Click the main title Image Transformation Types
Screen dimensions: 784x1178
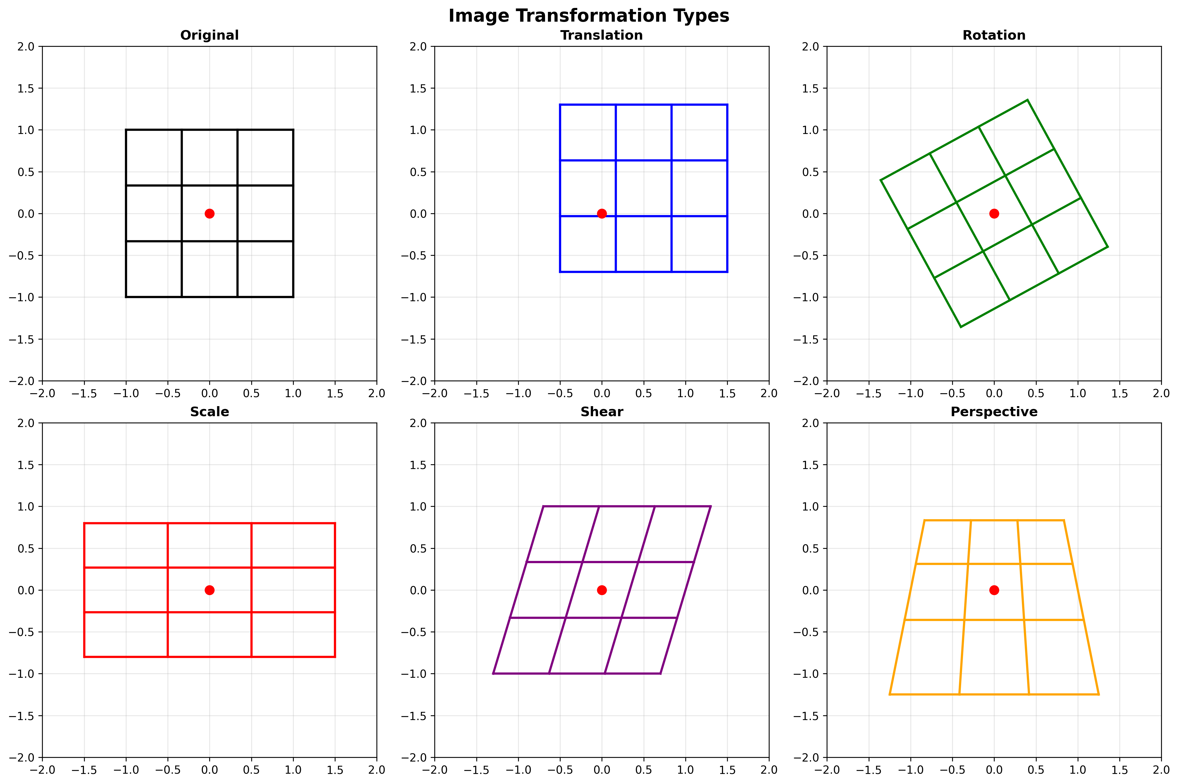point(589,16)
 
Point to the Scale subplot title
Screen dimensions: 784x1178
point(209,412)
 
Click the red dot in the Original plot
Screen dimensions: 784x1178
point(209,214)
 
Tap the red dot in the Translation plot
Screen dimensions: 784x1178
point(602,214)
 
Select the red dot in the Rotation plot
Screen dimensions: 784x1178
point(994,214)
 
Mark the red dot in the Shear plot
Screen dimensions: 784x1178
point(602,590)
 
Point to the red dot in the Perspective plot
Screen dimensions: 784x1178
point(994,590)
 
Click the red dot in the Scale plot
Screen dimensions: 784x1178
point(209,590)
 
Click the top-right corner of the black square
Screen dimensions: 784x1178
point(293,130)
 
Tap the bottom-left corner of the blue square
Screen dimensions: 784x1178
point(560,271)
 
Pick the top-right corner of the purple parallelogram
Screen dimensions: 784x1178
point(710,507)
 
